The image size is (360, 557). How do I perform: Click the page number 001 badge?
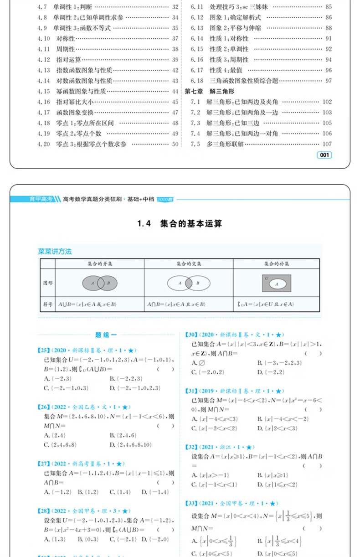[x=324, y=155]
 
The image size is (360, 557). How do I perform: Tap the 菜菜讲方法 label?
[x=55, y=251]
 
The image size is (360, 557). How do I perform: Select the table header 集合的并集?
[x=100, y=263]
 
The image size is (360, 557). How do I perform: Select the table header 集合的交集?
[x=189, y=263]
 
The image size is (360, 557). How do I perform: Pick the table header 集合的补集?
[x=277, y=263]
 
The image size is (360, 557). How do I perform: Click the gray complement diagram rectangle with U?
[x=277, y=283]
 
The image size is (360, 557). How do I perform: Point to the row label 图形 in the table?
[x=47, y=283]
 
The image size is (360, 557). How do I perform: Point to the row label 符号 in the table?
[x=47, y=304]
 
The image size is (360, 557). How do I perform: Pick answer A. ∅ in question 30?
[x=197, y=362]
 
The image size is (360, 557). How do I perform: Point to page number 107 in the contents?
[x=327, y=144]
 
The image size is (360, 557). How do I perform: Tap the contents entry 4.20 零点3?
[x=82, y=144]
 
